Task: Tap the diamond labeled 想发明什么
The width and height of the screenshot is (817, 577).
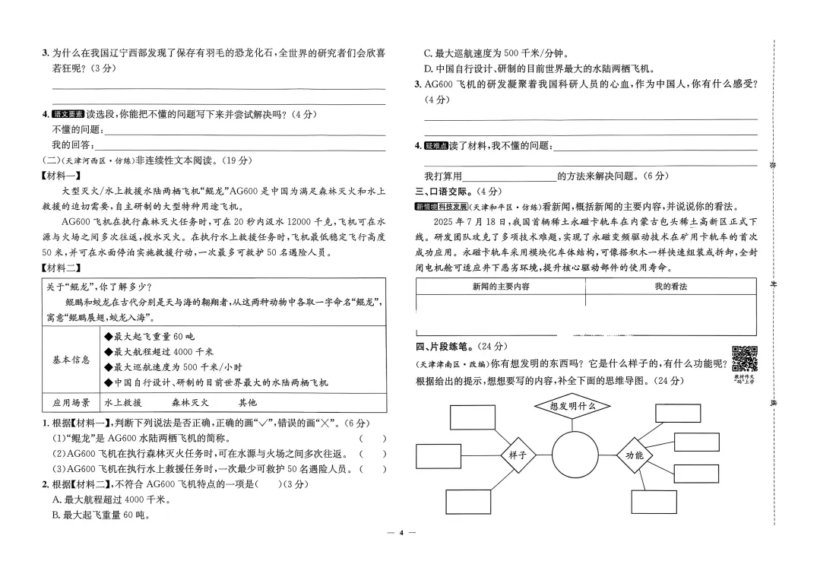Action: pos(572,406)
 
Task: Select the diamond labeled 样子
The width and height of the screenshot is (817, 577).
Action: pos(518,455)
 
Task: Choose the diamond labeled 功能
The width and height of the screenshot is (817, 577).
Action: pos(634,455)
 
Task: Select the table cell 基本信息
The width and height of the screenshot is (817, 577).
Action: pos(71,360)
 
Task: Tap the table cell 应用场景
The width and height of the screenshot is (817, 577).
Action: pos(71,403)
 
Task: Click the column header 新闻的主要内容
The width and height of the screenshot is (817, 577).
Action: pos(501,287)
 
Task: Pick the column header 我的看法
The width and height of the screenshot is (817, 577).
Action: pos(670,287)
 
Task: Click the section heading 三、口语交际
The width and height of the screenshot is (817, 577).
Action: pos(446,191)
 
